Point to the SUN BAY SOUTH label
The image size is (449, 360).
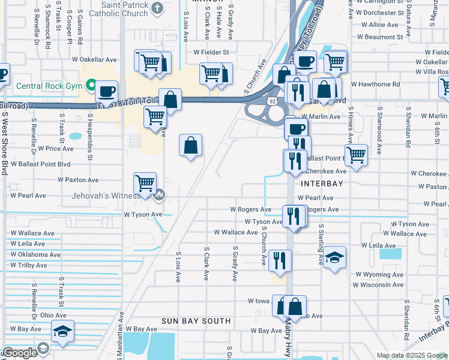(196, 321)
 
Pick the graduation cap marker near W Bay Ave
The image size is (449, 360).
(62, 331)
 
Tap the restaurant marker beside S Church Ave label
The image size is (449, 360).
(280, 259)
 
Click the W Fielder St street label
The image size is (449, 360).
(211, 52)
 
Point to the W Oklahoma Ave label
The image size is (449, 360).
(35, 254)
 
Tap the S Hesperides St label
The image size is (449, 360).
(89, 133)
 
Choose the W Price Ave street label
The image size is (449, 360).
(55, 148)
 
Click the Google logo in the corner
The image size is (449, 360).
(20, 353)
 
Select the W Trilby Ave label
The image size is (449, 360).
(28, 265)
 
